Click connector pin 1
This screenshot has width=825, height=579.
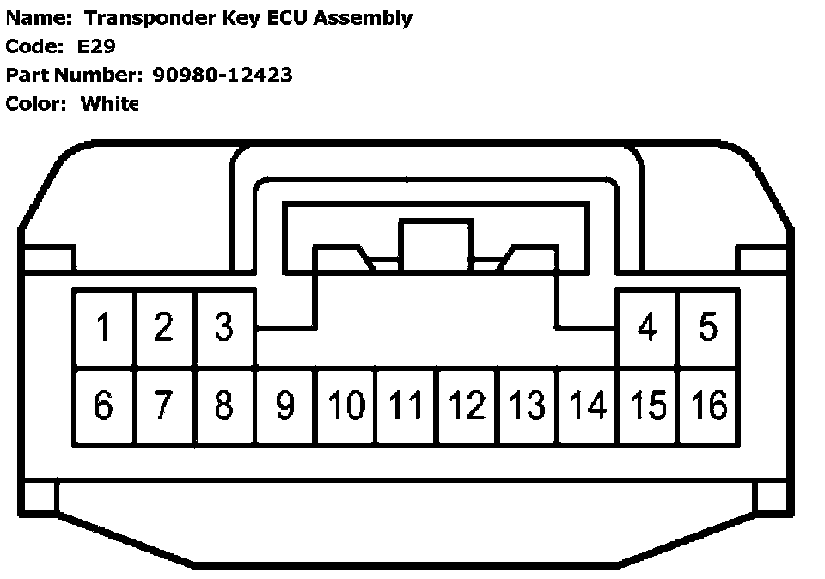104,328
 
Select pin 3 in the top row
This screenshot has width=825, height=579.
224,328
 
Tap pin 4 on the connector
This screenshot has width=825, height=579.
648,328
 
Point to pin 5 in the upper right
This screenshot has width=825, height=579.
708,328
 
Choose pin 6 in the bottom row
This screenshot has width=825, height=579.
104,405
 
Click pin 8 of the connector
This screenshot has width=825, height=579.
224,405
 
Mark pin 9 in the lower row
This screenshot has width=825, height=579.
285,405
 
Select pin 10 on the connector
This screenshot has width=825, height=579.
346,405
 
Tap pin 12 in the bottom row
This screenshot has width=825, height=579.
467,405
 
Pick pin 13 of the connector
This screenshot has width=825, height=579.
528,405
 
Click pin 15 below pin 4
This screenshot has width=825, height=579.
649,405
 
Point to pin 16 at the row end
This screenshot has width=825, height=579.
709,405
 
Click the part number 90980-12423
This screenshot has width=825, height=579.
223,75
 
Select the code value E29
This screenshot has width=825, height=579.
96,46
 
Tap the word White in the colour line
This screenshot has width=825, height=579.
109,104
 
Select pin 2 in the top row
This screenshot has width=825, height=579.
164,328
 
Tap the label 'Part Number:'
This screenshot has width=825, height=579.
74,75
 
